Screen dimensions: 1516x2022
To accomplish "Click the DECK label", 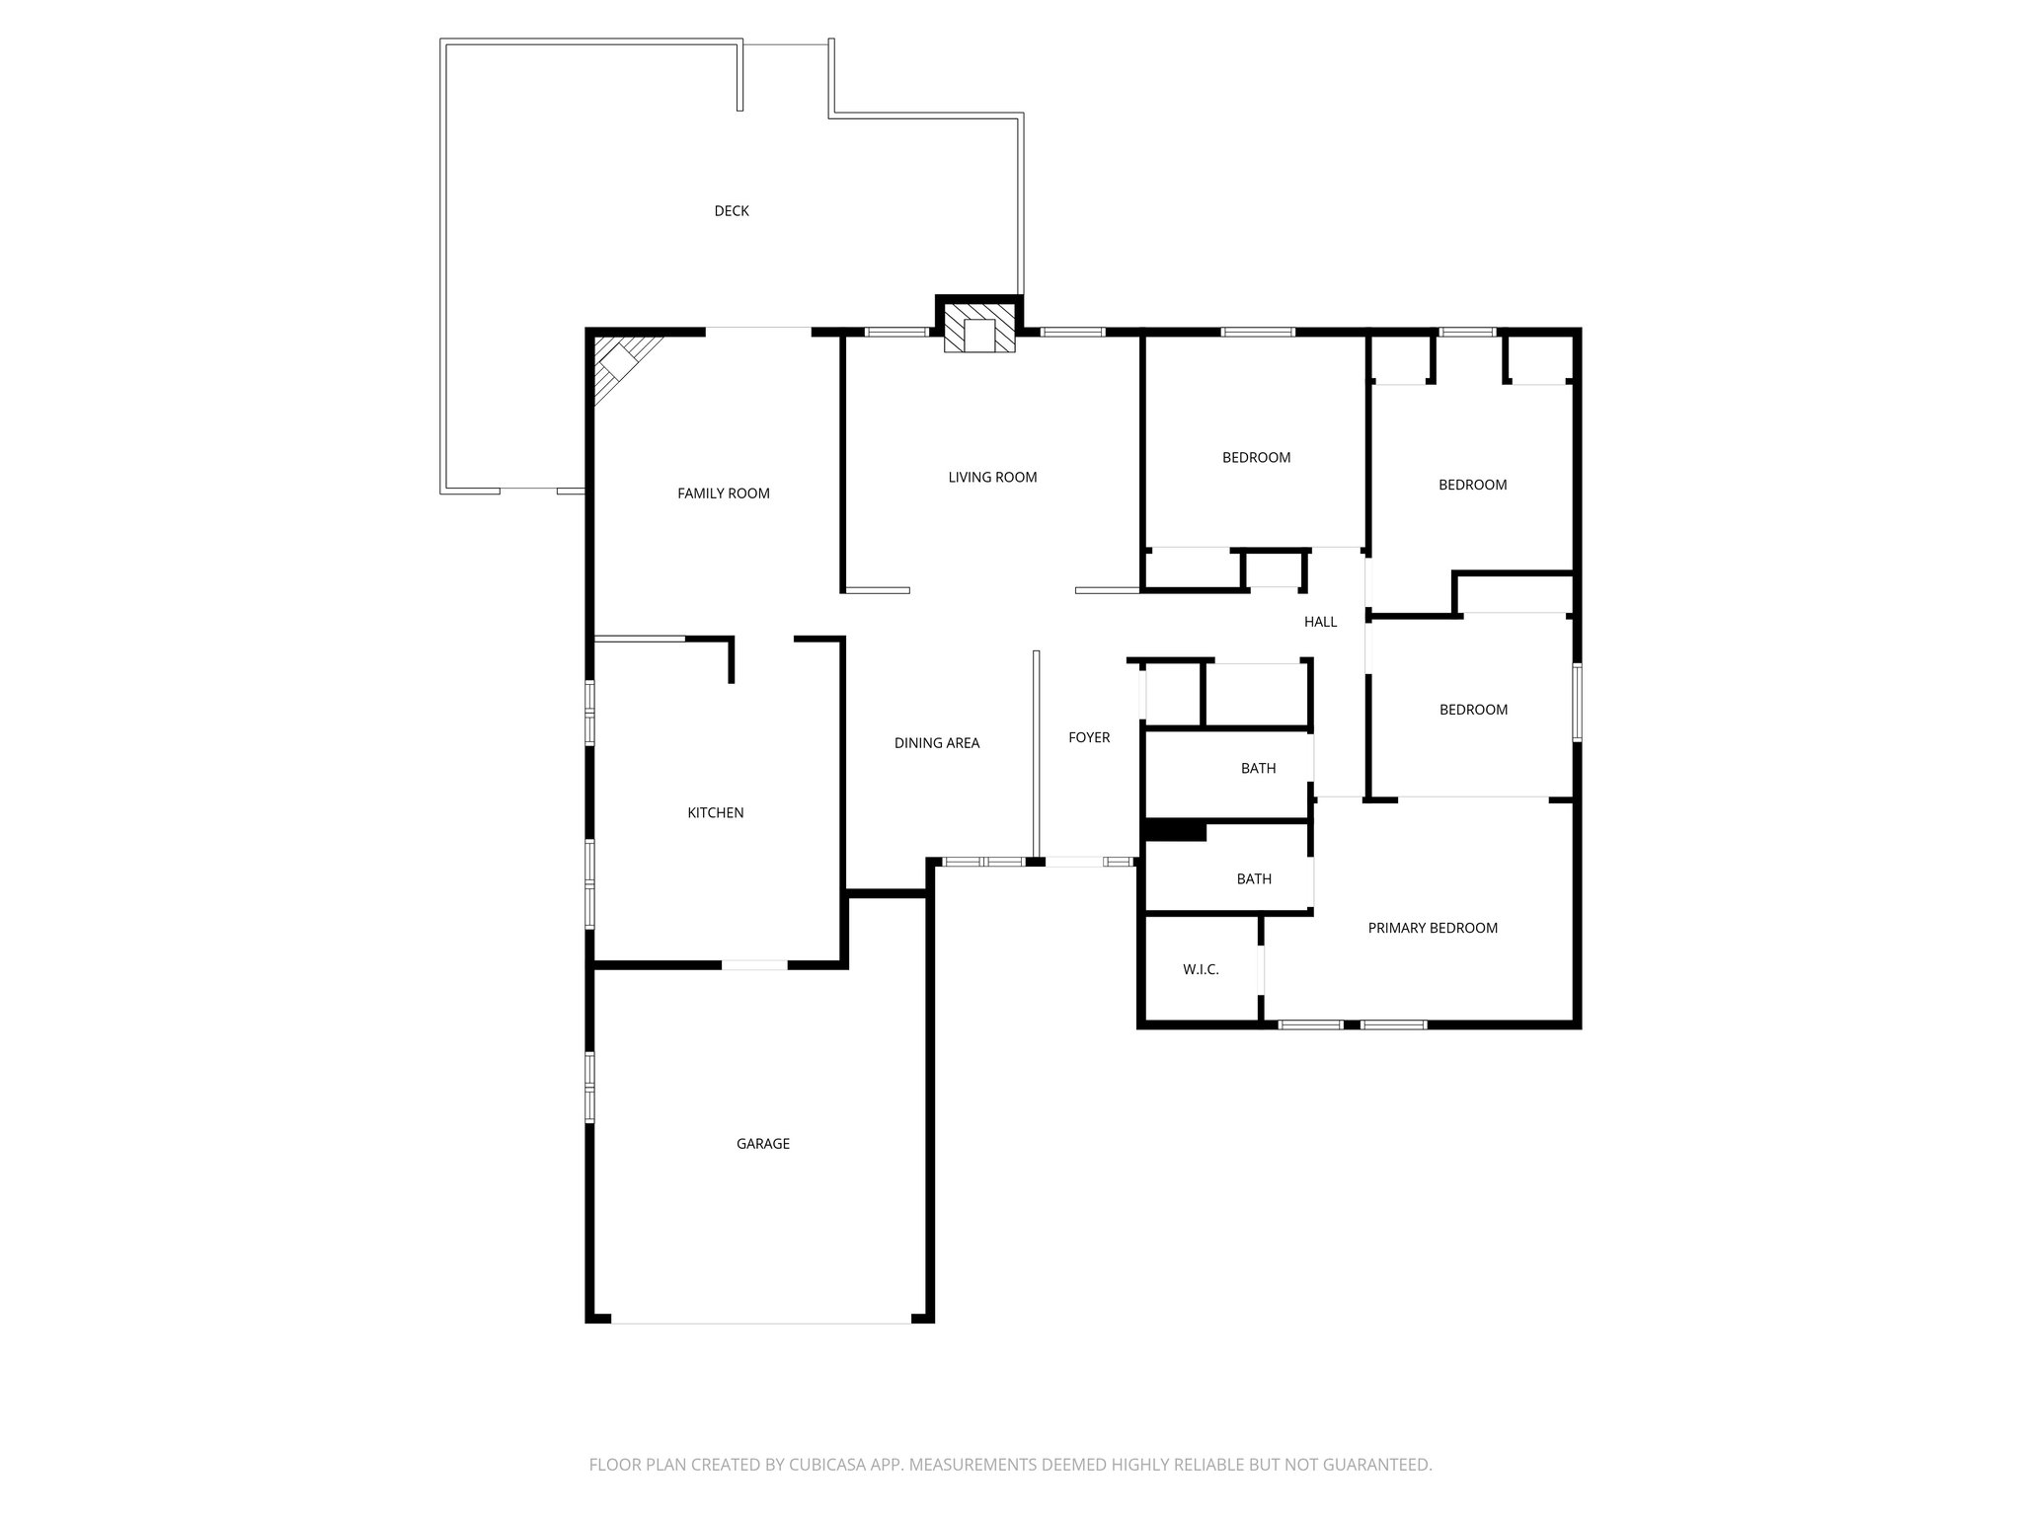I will tap(732, 211).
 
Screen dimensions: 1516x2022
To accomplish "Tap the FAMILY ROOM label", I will tap(723, 493).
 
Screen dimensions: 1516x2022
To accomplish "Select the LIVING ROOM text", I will tap(992, 478).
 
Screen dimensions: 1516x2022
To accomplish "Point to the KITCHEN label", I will tap(715, 813).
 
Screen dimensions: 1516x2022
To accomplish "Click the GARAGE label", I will tap(762, 1144).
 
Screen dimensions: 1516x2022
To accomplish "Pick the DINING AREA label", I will tap(936, 743).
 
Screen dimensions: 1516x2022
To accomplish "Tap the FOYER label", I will tap(1089, 737).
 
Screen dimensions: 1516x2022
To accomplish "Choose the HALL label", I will tap(1320, 622).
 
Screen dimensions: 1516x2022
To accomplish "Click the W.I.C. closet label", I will tap(1201, 970).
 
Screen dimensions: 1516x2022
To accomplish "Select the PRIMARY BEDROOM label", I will tap(1433, 928).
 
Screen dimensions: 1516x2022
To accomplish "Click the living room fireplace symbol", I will tap(978, 329).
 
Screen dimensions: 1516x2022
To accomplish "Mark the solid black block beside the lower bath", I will tap(1175, 832).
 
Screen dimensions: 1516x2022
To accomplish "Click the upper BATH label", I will tap(1258, 769).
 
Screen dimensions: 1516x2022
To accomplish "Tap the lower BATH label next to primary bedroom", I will tap(1254, 879).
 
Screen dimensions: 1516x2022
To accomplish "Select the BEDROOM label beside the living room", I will tap(1256, 458).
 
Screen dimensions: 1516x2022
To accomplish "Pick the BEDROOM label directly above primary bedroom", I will tap(1473, 710).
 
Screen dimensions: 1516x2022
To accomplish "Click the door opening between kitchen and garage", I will tap(754, 964).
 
